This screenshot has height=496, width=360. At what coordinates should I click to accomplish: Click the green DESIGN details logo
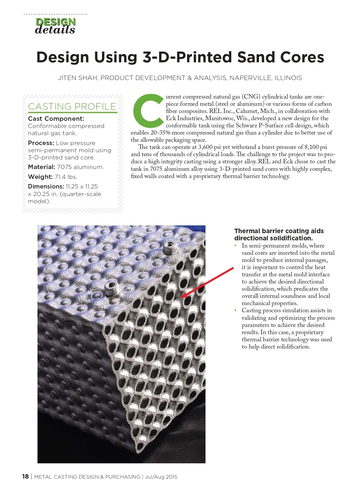[55, 26]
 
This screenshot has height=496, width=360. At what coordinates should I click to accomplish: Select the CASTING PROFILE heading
[72, 106]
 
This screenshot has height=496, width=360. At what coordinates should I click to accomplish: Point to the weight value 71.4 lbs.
[66, 177]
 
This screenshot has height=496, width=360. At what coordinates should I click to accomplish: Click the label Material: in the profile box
[41, 167]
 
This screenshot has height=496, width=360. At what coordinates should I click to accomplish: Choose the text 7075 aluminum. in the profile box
[80, 167]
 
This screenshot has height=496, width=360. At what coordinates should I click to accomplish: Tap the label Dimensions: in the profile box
[46, 186]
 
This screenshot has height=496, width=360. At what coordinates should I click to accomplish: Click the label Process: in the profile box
[41, 143]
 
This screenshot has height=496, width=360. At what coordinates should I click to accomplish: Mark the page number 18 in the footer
[25, 477]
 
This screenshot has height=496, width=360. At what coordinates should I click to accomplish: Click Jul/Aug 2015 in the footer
[161, 477]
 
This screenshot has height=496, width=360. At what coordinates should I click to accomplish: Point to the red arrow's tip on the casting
[182, 297]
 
